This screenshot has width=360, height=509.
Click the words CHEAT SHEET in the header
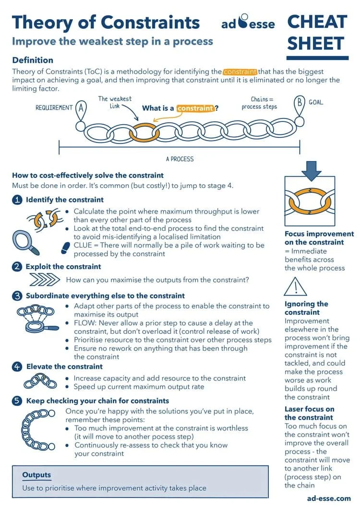[317, 33]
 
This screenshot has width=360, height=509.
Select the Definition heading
[33, 60]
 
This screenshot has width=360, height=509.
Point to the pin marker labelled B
[300, 104]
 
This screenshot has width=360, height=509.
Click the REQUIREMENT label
[54, 108]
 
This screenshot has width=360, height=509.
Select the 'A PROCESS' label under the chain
[180, 159]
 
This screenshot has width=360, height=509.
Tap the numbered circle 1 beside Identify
[17, 200]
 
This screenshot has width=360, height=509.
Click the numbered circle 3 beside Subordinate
[17, 296]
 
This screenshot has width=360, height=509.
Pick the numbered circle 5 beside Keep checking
[17, 401]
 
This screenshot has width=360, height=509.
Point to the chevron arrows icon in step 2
[44, 280]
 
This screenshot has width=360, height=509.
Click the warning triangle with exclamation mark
[295, 287]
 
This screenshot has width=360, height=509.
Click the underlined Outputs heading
[36, 475]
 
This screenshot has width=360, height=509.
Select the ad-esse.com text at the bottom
[329, 498]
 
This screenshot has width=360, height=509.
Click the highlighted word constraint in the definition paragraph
[240, 71]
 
